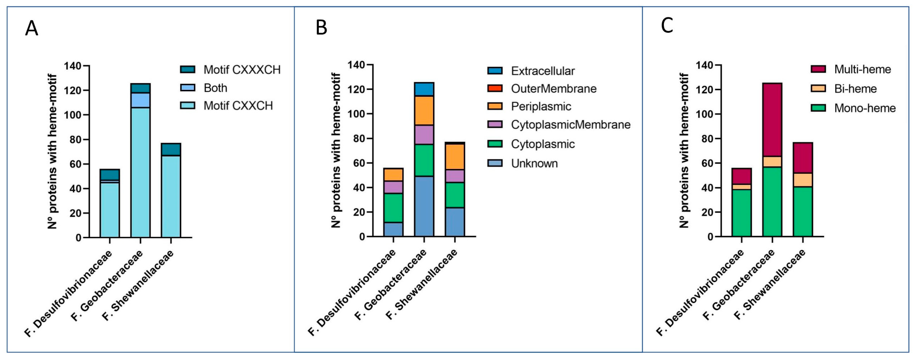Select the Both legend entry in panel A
(215, 88)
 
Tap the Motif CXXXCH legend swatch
(188, 69)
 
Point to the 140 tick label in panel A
(73, 66)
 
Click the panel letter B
(321, 28)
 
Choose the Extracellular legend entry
(542, 71)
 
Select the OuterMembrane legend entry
(553, 88)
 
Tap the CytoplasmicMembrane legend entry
(570, 124)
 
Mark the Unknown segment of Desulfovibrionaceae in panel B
(393, 229)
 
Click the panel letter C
(667, 26)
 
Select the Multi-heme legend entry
(862, 69)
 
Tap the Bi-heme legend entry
(855, 89)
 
